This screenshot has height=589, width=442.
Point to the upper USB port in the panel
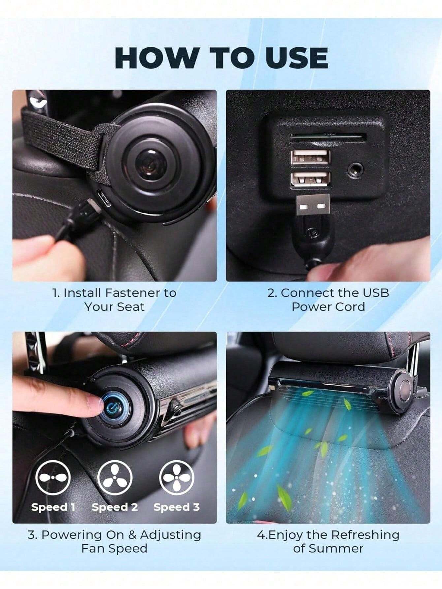click(x=310, y=157)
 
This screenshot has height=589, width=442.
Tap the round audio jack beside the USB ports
click(x=356, y=170)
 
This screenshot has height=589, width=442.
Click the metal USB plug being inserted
click(x=312, y=206)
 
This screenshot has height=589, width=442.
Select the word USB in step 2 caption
click(x=376, y=293)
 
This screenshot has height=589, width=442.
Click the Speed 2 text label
click(x=115, y=507)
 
